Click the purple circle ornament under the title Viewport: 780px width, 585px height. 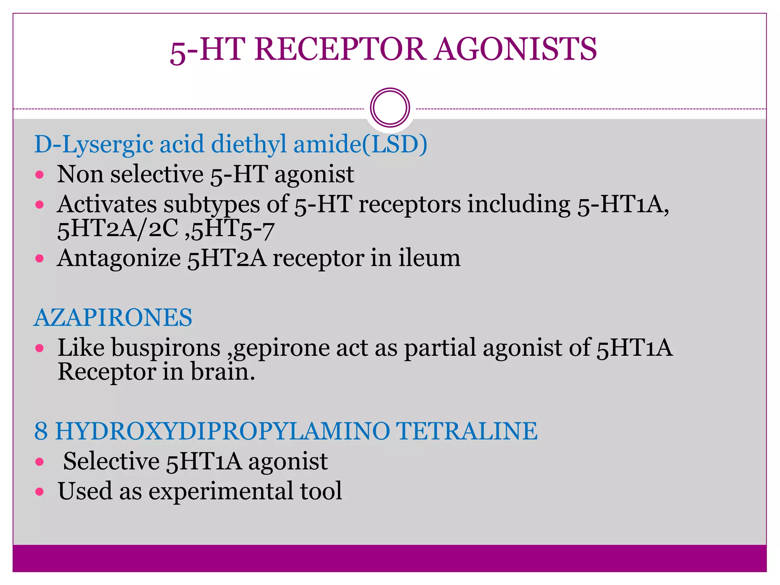[390, 108]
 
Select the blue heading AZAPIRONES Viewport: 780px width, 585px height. [113, 317]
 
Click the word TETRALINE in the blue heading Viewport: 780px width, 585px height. [467, 431]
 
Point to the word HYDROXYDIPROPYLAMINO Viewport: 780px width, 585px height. [222, 431]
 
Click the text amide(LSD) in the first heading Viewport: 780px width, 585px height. [360, 144]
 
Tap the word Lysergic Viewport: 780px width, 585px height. [107, 145]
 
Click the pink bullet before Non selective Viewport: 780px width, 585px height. [40, 175]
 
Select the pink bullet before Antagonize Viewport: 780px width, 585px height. [40, 259]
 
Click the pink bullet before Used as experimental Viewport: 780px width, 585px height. [40, 492]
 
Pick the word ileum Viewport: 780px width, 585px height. [429, 258]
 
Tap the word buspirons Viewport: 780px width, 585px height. [166, 348]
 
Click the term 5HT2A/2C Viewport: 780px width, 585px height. [118, 229]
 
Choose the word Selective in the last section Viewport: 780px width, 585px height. [111, 461]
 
